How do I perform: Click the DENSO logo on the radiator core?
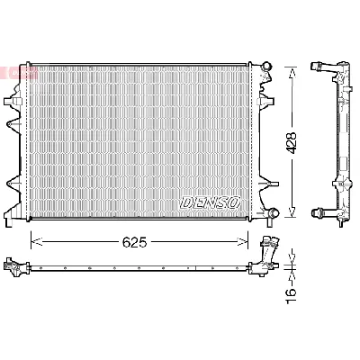tap(210, 203)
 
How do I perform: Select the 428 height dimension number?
tap(291, 141)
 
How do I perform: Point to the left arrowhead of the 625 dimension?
tap(35, 240)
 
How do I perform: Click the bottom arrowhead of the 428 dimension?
tap(290, 215)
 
